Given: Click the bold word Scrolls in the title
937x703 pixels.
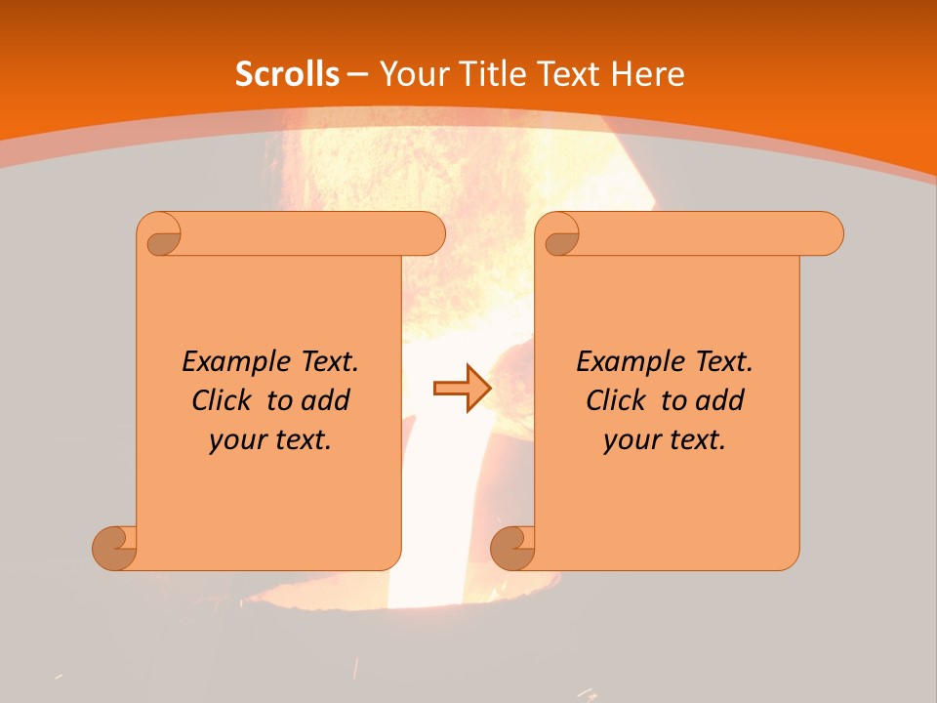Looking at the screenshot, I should [x=287, y=74].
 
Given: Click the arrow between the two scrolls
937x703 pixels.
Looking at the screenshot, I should [x=462, y=389].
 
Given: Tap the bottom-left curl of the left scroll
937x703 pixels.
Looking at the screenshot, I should [x=115, y=548].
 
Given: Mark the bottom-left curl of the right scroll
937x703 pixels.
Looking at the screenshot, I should [x=513, y=548].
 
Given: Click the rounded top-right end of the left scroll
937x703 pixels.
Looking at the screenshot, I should [x=429, y=233].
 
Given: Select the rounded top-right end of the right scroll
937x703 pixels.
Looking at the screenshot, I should [x=828, y=233].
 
